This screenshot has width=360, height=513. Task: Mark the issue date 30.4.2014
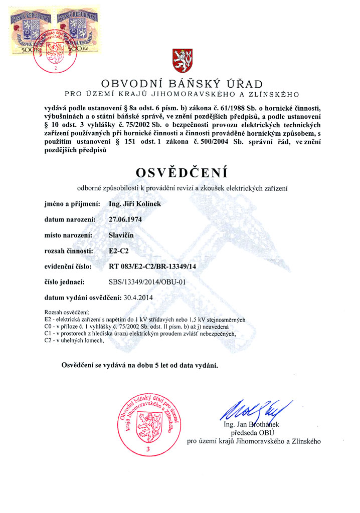138,298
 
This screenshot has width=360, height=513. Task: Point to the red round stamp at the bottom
147,420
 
